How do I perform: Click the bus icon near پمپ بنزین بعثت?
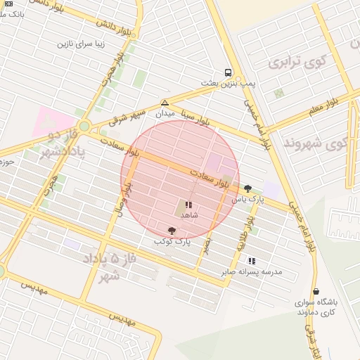tap(228, 72)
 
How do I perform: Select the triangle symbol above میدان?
tap(165, 103)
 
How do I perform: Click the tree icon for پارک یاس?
tap(247, 188)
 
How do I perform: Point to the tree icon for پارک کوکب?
tap(172, 231)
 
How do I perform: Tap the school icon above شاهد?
tap(188, 205)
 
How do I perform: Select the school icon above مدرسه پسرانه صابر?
tap(252, 261)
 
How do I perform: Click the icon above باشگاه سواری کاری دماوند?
tap(316, 291)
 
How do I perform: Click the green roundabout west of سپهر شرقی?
tap(84, 126)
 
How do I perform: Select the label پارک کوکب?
tap(172, 241)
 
